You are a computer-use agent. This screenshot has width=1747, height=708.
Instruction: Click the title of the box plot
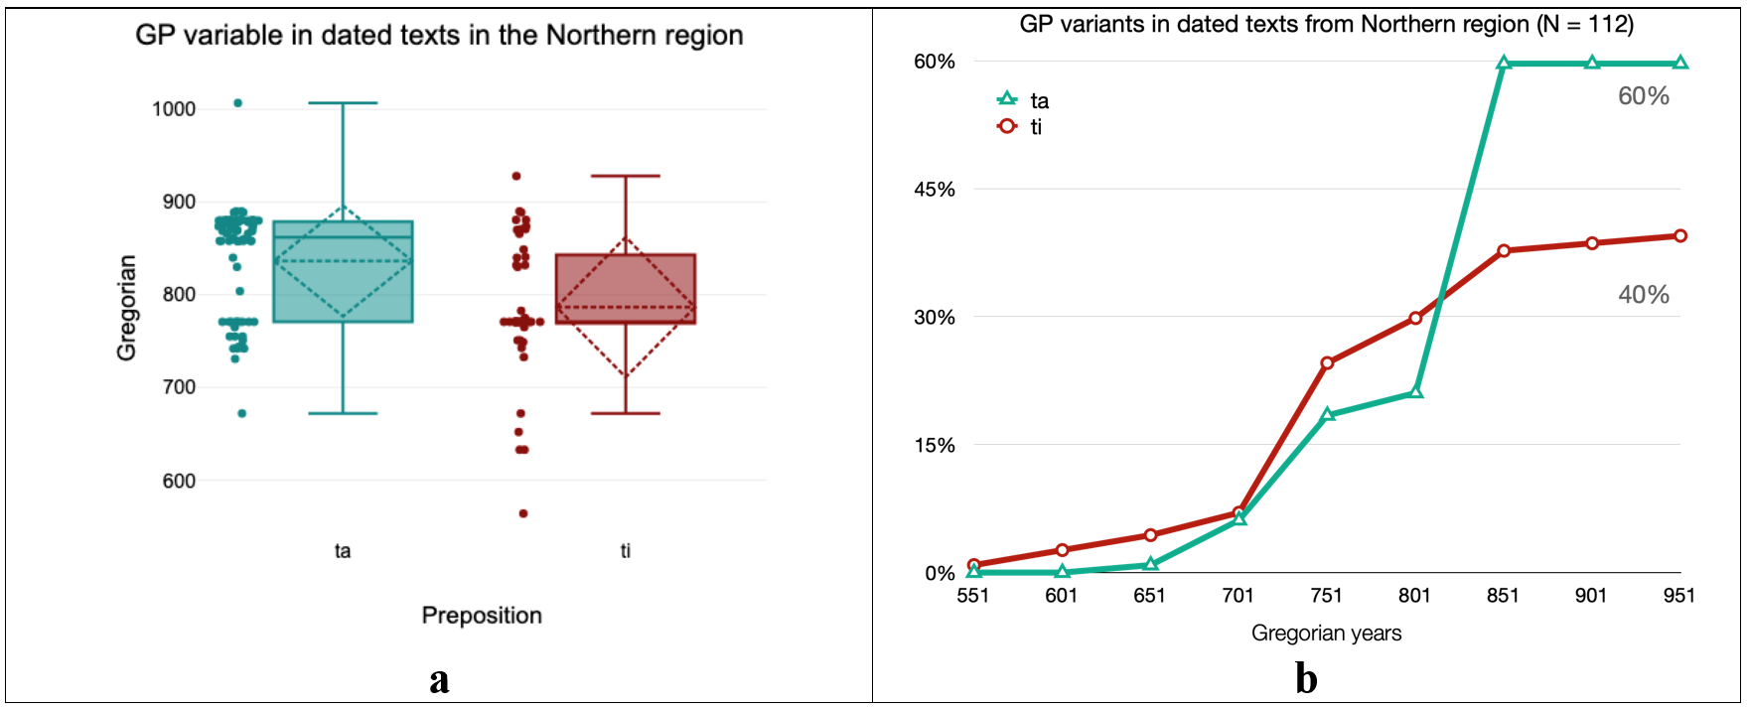439,36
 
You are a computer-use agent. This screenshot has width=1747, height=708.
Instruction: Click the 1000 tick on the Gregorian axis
174,109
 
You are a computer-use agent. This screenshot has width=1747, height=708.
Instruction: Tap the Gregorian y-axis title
126,308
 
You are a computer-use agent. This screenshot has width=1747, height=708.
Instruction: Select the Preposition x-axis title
482,616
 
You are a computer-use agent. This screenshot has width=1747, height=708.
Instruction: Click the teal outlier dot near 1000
237,103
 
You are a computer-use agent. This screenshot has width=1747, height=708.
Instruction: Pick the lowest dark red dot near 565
523,513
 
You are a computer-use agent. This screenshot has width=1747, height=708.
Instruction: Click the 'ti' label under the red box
626,551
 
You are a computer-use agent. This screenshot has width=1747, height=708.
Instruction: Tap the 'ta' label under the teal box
343,551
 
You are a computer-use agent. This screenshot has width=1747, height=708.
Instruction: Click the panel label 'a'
439,679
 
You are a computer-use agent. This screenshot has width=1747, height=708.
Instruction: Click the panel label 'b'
1306,679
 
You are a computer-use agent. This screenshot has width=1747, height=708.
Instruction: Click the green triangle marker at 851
1504,64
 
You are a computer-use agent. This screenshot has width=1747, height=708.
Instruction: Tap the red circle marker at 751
1327,363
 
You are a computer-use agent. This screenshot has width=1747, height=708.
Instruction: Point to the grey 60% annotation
1644,96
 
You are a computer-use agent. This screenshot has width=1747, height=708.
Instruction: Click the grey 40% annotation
1644,295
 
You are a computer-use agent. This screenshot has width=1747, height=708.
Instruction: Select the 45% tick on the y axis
935,190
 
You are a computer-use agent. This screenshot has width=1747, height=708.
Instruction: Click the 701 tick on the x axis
1238,596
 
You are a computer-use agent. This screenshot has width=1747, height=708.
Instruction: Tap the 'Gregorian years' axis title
1326,634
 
